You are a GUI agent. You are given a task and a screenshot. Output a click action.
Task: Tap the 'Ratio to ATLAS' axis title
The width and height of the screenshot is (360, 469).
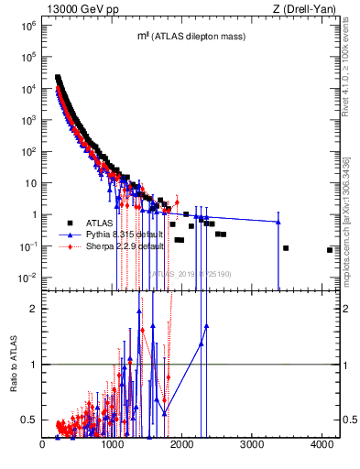point(14,364)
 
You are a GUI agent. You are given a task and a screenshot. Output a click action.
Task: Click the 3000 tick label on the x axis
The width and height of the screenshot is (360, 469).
point(252,445)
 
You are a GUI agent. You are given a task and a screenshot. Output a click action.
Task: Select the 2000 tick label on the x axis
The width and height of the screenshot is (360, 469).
point(182,445)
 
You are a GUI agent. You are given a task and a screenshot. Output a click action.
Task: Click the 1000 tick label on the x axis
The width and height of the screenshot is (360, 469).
point(113,445)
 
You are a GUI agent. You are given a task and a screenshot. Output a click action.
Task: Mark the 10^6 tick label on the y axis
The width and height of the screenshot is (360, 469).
point(28,26)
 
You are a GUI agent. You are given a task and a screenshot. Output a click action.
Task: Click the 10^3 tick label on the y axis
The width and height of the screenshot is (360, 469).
point(28,120)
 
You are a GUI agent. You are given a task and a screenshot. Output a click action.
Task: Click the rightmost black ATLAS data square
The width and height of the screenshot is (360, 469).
point(330,250)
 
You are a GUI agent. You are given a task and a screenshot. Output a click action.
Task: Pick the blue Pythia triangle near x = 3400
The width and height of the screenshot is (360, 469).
point(278,222)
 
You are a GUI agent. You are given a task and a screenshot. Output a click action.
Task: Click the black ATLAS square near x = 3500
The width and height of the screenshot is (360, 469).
point(286,248)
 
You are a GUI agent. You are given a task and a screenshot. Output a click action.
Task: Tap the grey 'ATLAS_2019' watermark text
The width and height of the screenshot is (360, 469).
point(191,273)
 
